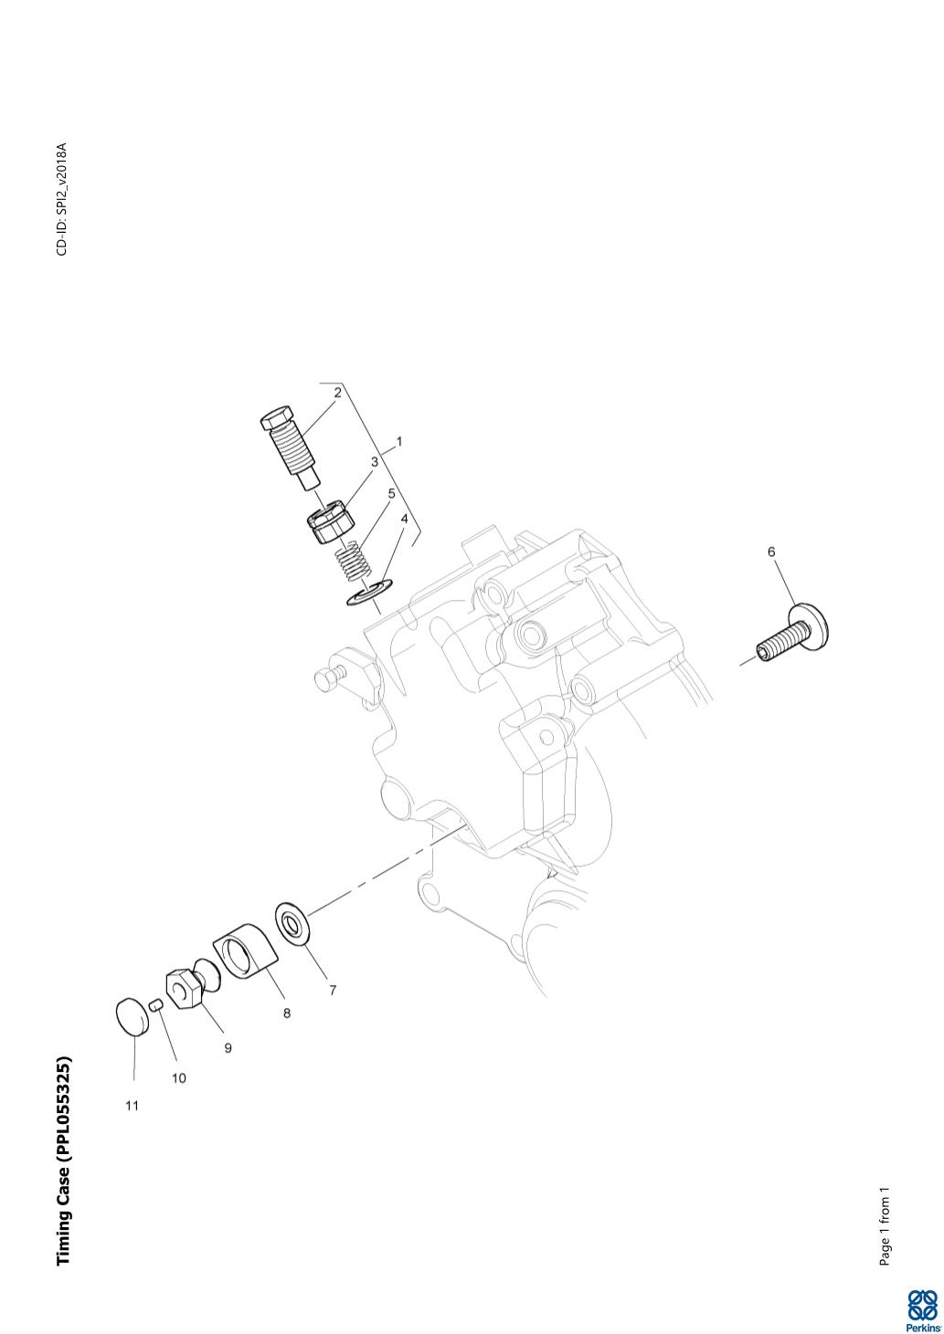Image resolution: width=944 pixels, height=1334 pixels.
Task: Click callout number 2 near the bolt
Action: click(338, 393)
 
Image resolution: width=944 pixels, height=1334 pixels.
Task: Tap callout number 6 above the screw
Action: click(771, 551)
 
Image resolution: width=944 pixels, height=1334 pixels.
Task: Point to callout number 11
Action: click(133, 1105)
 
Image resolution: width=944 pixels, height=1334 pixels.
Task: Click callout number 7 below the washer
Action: click(333, 990)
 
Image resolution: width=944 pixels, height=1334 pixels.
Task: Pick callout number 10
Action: click(179, 1077)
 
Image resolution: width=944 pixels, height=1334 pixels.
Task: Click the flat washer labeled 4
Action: click(370, 593)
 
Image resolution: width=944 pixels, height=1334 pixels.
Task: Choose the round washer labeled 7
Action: click(293, 925)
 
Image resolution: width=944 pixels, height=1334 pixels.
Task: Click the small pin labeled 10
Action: click(156, 1005)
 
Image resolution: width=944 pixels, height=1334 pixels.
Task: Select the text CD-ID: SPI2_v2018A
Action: click(62, 199)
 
